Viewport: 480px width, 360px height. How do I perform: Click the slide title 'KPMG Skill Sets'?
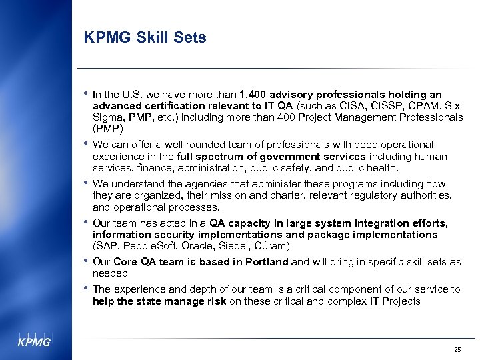point(145,38)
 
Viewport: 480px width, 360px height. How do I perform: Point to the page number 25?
point(457,349)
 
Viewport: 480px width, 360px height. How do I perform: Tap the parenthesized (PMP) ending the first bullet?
point(107,128)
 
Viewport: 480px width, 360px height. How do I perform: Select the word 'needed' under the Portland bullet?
point(110,273)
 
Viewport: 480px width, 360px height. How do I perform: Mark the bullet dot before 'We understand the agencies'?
point(86,183)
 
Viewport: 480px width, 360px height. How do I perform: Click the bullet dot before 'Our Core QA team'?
point(86,261)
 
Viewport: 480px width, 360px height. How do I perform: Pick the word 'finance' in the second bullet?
point(150,168)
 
